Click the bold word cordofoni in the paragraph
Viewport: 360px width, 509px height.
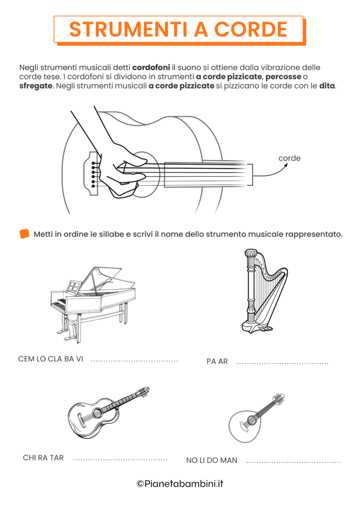pyautogui.click(x=151, y=67)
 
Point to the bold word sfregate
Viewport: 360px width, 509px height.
pyautogui.click(x=36, y=85)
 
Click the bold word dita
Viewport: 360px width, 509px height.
pyautogui.click(x=327, y=85)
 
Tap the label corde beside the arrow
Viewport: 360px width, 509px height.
pyautogui.click(x=289, y=158)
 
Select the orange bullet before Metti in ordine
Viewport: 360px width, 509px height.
pyautogui.click(x=24, y=234)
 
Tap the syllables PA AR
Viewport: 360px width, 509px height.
pyautogui.click(x=217, y=362)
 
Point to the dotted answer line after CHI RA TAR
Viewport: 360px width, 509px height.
pyautogui.click(x=120, y=460)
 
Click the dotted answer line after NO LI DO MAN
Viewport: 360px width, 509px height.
pyautogui.click(x=293, y=462)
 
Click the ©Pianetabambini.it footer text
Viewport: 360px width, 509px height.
pyautogui.click(x=180, y=484)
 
